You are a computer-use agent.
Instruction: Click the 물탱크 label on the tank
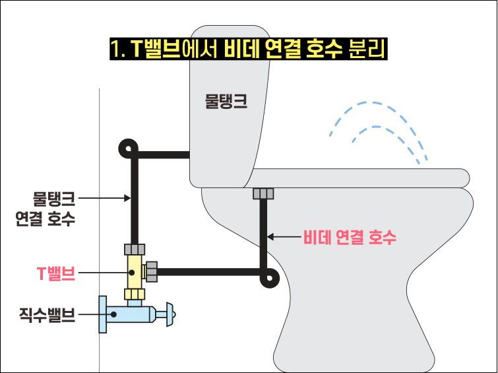point(226,102)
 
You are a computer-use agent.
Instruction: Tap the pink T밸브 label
point(56,273)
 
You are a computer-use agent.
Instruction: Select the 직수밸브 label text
point(47,315)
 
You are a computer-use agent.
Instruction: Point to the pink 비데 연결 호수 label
point(350,237)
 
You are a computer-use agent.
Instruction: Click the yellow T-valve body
point(135,271)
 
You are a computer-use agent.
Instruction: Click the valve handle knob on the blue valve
point(171,314)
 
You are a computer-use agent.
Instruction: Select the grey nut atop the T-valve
point(135,250)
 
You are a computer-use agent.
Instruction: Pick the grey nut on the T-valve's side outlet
point(152,272)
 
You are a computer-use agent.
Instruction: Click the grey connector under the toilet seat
point(263,193)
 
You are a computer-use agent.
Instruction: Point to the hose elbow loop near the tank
point(129,149)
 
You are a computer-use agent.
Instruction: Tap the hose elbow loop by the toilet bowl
point(270,278)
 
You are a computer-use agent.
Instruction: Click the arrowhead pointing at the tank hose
point(127,198)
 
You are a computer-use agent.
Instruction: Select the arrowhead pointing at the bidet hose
point(270,237)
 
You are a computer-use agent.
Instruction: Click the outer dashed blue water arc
point(371,103)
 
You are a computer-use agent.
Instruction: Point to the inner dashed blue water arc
point(377,127)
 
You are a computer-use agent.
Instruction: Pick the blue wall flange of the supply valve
point(103,314)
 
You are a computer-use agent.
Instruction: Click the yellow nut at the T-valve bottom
point(135,294)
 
